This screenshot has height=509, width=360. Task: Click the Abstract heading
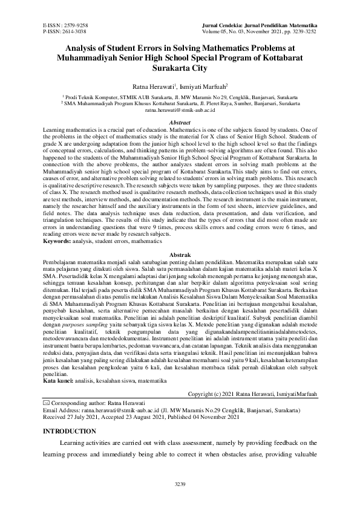point(180,122)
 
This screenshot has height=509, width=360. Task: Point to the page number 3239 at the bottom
point(180,484)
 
